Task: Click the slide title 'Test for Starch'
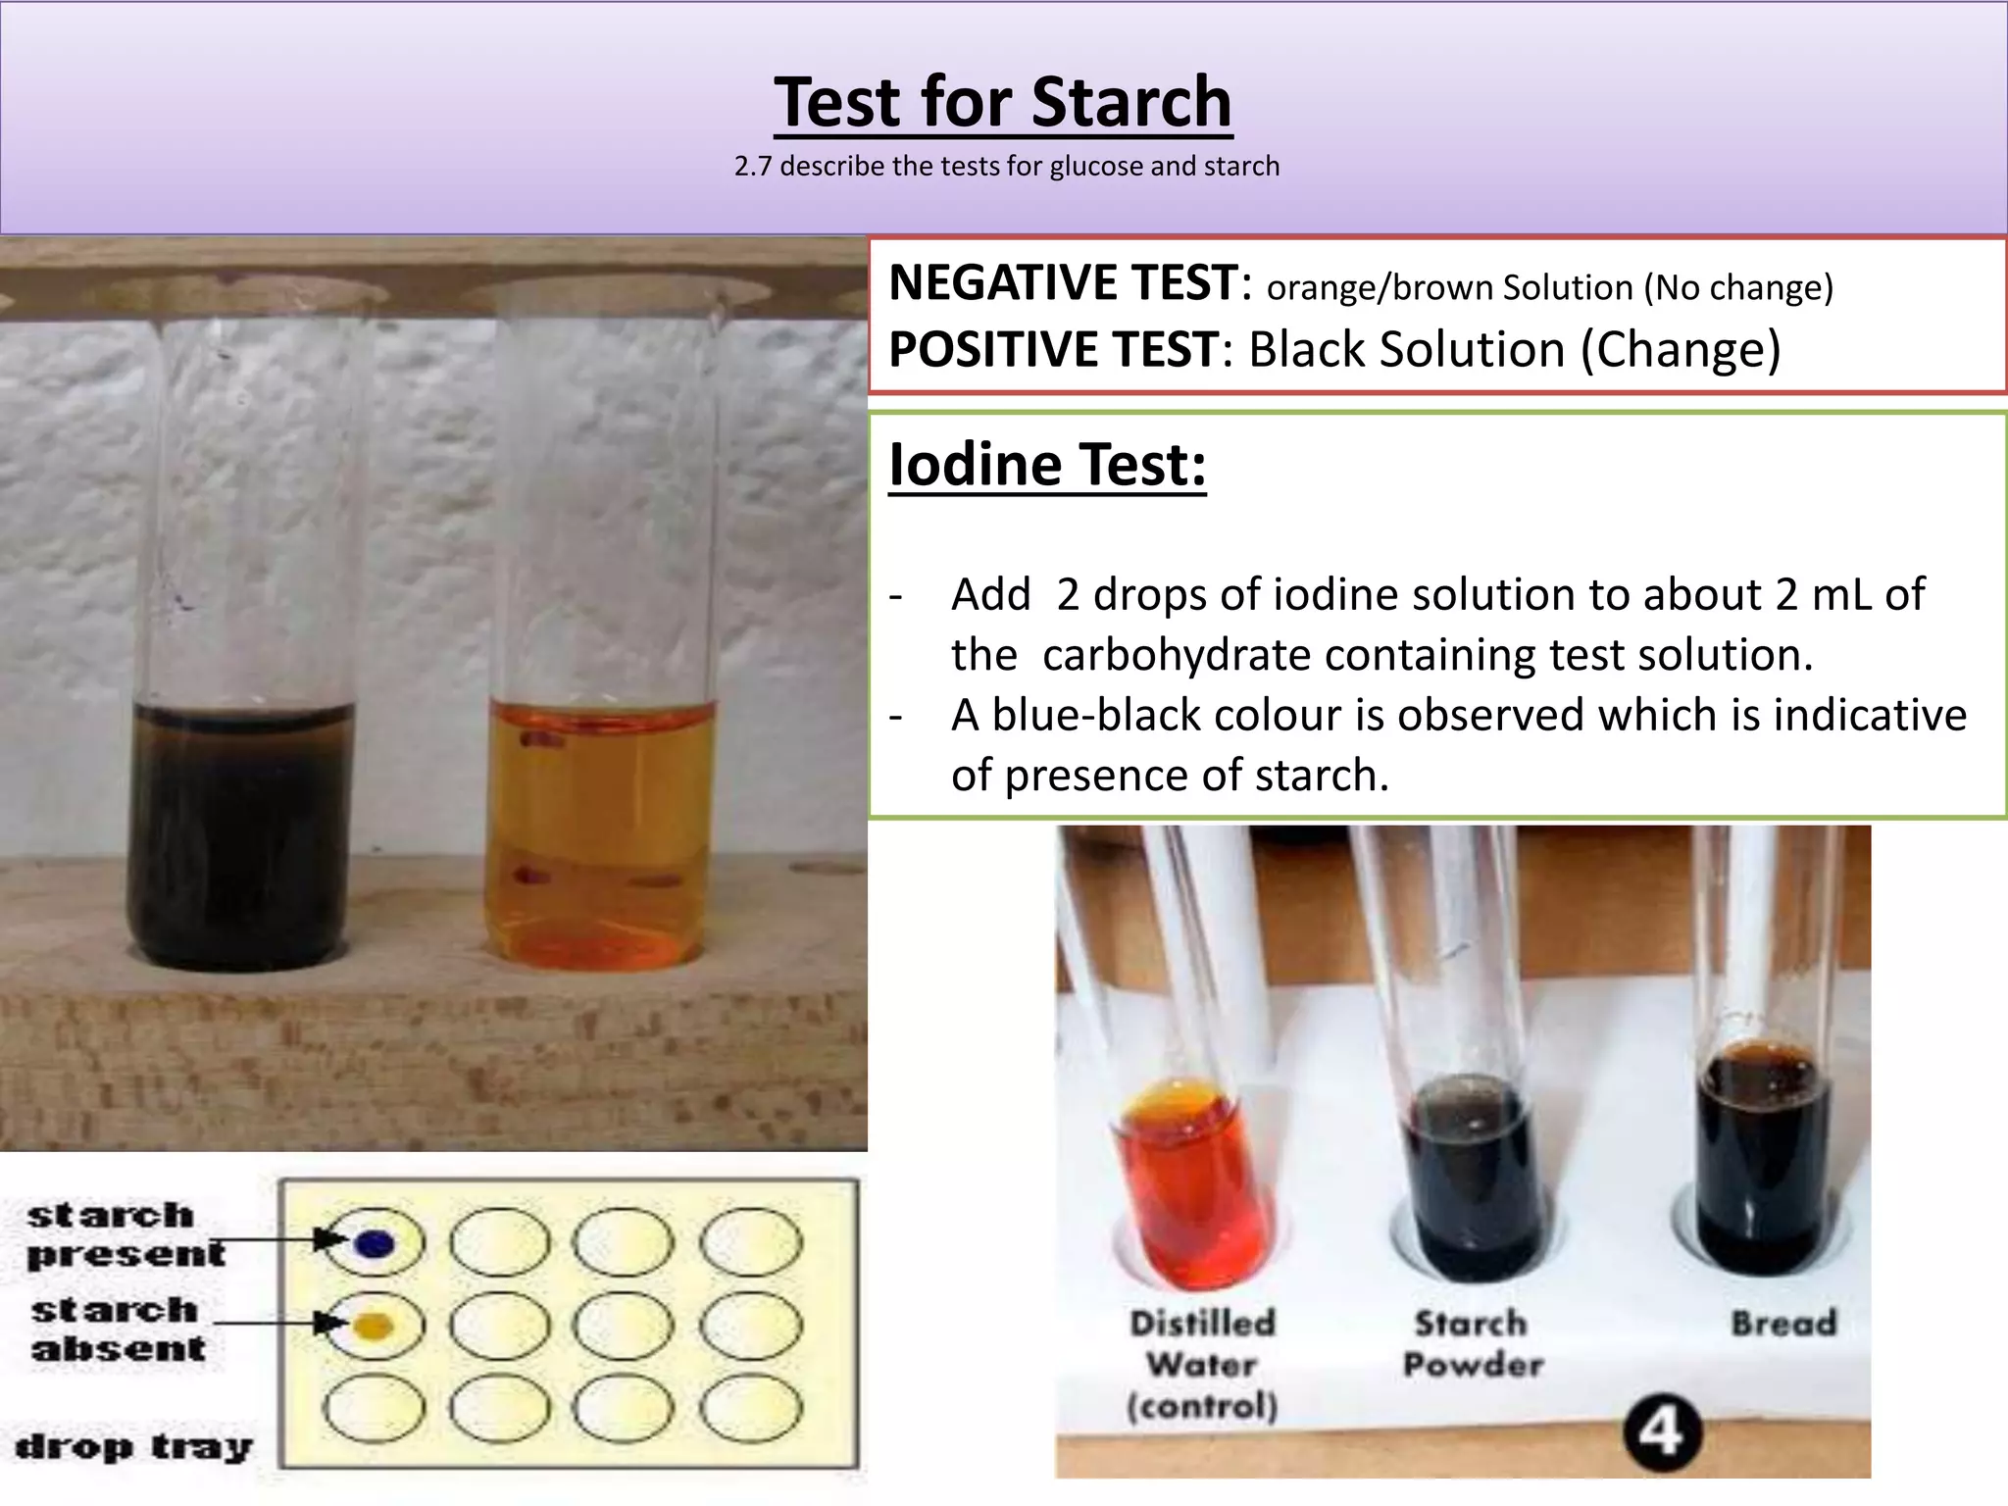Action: (x=1002, y=102)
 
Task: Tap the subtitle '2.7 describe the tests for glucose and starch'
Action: (x=1007, y=167)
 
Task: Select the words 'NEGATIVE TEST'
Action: (x=1063, y=283)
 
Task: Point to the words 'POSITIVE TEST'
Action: (x=1053, y=350)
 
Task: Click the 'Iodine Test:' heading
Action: (x=1047, y=465)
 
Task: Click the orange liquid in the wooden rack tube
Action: (x=598, y=833)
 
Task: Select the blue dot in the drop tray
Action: (x=374, y=1243)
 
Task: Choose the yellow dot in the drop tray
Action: (x=374, y=1326)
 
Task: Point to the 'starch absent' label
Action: (x=118, y=1329)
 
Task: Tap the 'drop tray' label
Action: (x=134, y=1446)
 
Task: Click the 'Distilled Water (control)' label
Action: (x=1202, y=1364)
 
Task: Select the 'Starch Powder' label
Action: (x=1472, y=1343)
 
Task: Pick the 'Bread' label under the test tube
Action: (x=1783, y=1324)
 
